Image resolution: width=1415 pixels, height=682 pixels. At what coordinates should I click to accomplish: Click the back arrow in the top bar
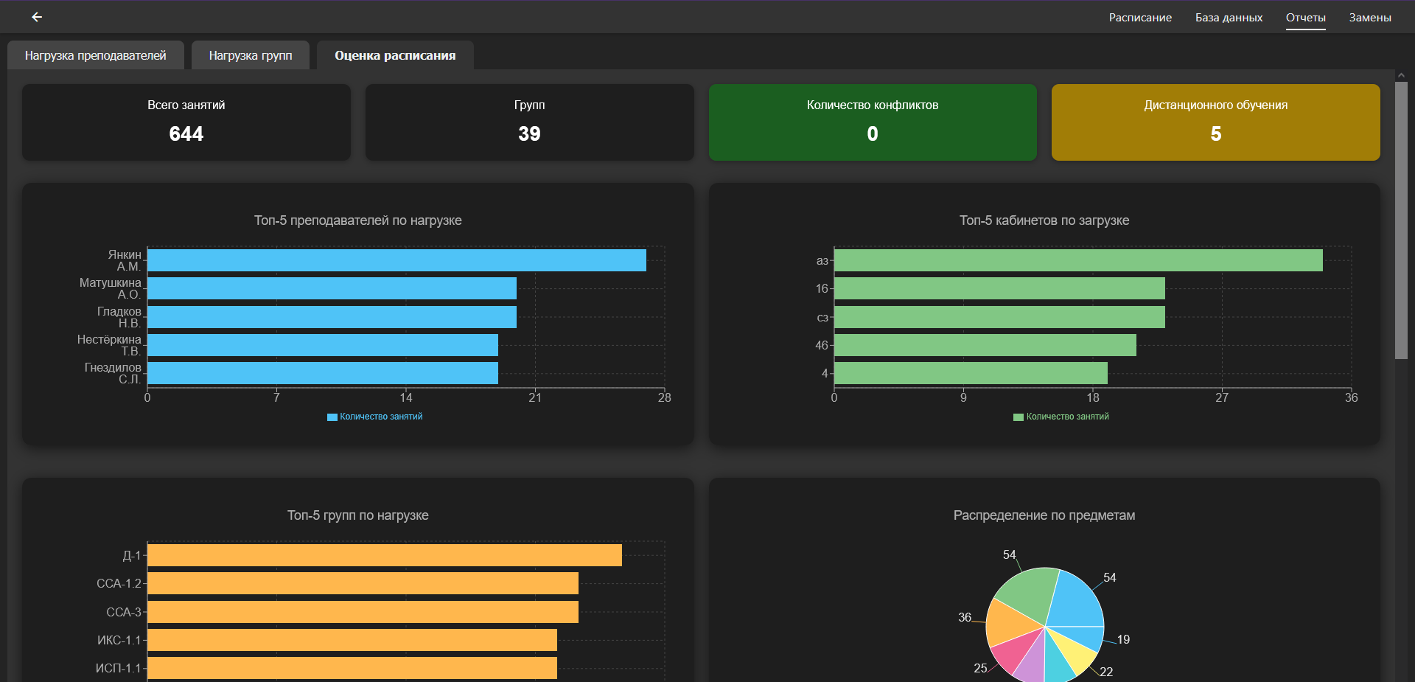tap(37, 17)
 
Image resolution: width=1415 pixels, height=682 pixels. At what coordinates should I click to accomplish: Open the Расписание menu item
tap(1140, 18)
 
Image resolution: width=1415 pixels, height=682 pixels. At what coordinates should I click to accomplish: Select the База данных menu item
tap(1229, 18)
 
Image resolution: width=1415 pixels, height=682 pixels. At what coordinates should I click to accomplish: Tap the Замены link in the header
tap(1370, 18)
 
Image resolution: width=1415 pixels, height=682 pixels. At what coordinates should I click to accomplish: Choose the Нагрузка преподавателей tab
tap(96, 55)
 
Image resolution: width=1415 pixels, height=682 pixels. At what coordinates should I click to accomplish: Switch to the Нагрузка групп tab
tap(251, 55)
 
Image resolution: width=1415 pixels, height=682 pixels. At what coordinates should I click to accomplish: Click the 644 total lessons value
tap(186, 133)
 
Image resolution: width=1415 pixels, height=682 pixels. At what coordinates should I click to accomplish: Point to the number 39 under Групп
tap(529, 133)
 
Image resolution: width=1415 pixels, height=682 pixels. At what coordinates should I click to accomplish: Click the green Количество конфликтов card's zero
tap(873, 133)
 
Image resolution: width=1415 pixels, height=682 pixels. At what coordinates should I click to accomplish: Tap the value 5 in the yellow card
tap(1216, 133)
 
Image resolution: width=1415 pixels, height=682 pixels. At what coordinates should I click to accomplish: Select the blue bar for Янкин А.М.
tap(396, 260)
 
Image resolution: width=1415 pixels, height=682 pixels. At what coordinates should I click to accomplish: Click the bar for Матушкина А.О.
tap(332, 288)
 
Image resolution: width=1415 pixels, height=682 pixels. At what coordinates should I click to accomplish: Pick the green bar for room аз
tap(1078, 260)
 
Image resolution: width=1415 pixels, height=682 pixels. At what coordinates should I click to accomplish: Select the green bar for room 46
tap(985, 345)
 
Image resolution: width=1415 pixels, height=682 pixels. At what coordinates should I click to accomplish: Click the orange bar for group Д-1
tap(385, 555)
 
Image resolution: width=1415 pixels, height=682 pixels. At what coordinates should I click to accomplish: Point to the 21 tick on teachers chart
tap(535, 397)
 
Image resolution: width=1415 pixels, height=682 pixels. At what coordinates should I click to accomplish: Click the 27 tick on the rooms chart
tap(1222, 397)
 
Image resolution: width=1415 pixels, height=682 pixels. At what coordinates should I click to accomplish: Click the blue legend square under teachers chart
tap(332, 417)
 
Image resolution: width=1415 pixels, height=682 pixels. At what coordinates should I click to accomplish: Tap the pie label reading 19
tap(1123, 639)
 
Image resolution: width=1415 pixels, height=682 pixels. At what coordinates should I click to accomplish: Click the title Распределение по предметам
tap(1044, 515)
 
